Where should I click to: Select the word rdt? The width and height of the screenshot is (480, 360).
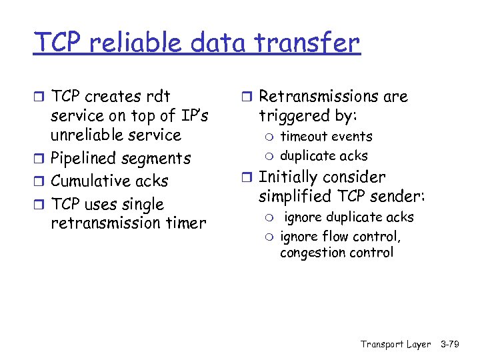[x=157, y=97]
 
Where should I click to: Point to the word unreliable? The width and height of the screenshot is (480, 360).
[x=89, y=135]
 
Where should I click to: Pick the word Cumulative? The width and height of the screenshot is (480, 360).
[x=92, y=181]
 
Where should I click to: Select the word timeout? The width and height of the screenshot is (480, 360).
[x=303, y=137]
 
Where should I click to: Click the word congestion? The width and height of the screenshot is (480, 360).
[x=312, y=253]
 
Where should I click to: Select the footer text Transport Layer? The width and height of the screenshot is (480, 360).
[x=395, y=345]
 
